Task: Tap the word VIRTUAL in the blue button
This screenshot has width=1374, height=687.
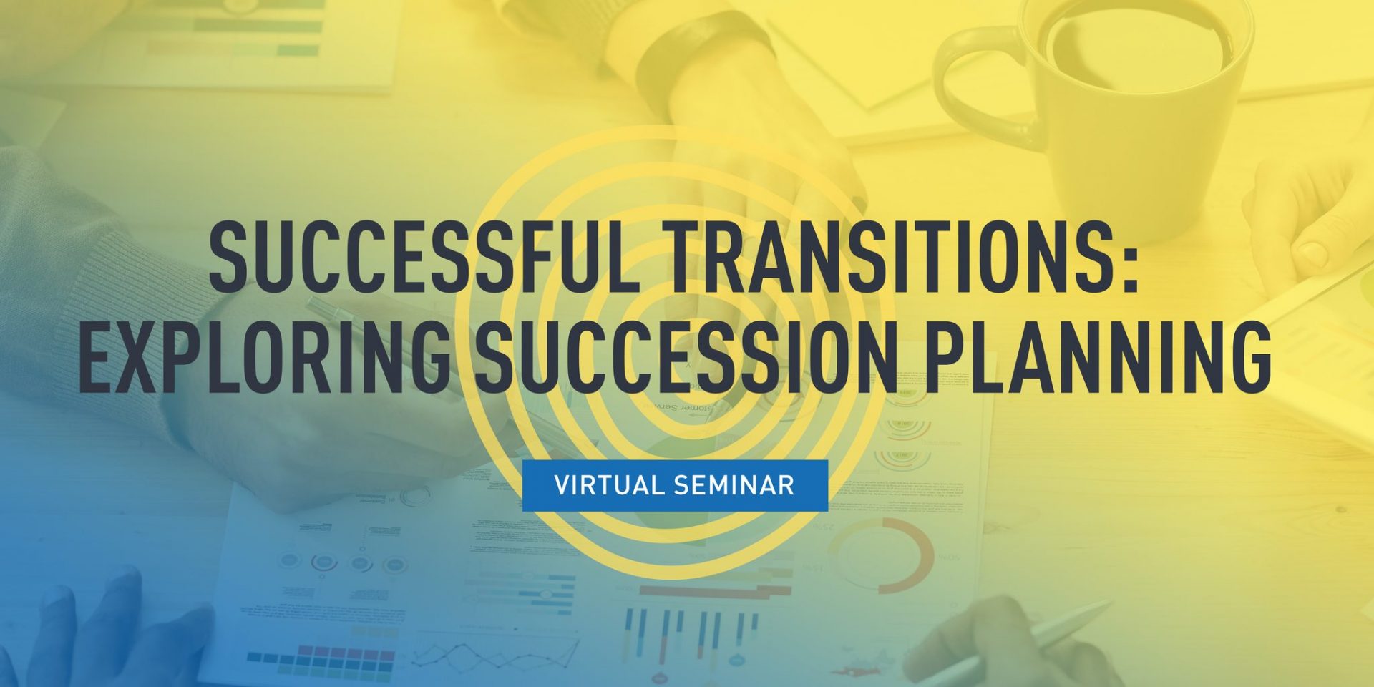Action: coord(609,485)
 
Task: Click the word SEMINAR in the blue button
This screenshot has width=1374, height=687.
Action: coord(734,485)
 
